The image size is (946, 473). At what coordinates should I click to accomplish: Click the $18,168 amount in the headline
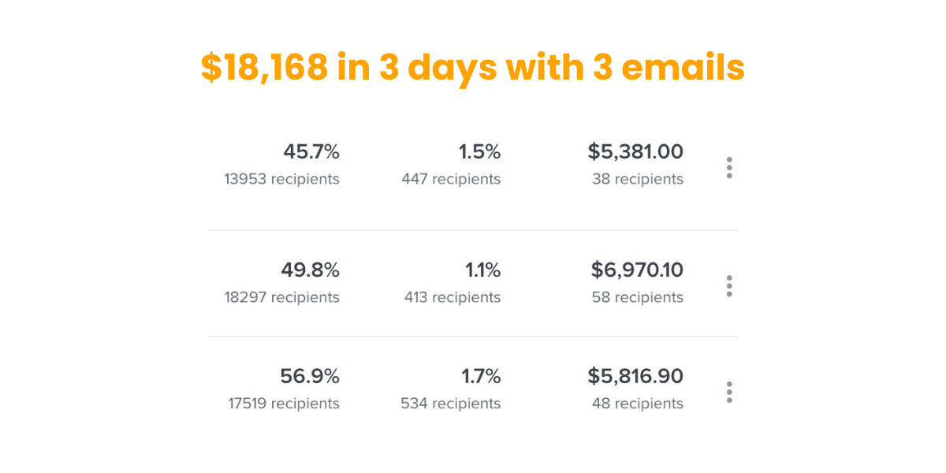click(264, 68)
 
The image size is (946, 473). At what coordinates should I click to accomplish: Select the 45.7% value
click(311, 151)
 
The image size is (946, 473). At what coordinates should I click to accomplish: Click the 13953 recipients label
click(281, 179)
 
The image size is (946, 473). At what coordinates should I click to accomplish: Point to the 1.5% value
click(479, 151)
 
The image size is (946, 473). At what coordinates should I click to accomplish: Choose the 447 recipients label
click(450, 179)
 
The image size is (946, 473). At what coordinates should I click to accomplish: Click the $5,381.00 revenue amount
click(635, 151)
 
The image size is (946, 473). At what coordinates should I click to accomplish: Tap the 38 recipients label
click(637, 179)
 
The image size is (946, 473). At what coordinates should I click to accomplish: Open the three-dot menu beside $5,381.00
click(729, 167)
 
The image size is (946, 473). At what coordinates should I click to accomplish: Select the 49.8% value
click(310, 270)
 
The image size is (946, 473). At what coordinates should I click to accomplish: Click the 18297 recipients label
click(281, 297)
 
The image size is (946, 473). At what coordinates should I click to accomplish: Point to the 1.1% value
click(482, 270)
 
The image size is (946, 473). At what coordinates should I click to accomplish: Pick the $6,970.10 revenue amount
click(637, 270)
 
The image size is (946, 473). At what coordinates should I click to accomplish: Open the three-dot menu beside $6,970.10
click(729, 285)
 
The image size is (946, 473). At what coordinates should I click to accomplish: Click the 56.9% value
click(310, 376)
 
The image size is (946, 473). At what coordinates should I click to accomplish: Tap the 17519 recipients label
click(283, 404)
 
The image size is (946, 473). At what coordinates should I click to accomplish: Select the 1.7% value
click(481, 376)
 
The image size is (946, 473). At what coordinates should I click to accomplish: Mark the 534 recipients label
click(450, 404)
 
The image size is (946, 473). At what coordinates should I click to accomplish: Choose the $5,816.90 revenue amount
click(635, 376)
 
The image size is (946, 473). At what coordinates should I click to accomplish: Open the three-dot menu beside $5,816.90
click(729, 392)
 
